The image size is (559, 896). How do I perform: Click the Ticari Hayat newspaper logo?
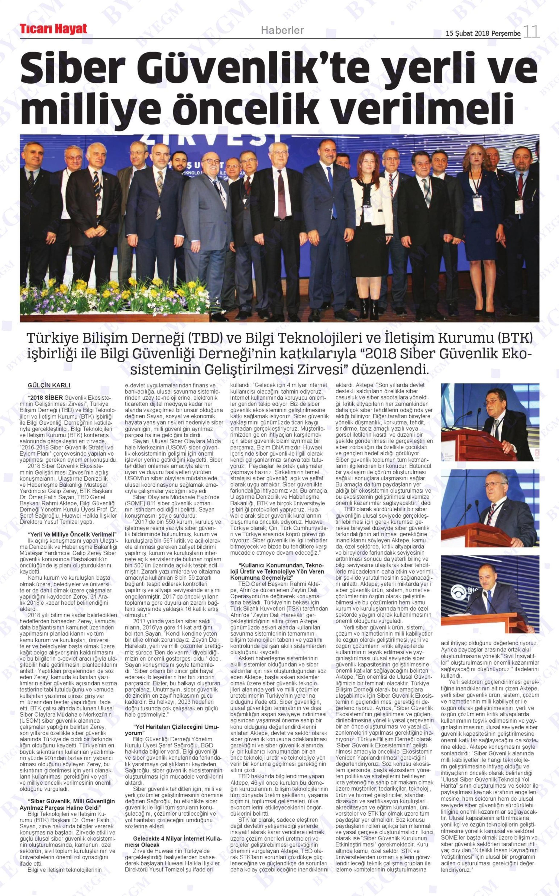[54, 29]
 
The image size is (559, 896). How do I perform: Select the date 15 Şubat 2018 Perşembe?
[483, 33]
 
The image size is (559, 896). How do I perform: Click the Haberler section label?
[282, 30]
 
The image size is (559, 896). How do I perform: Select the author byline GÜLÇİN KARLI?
[49, 385]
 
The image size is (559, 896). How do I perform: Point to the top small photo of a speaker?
[490, 422]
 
